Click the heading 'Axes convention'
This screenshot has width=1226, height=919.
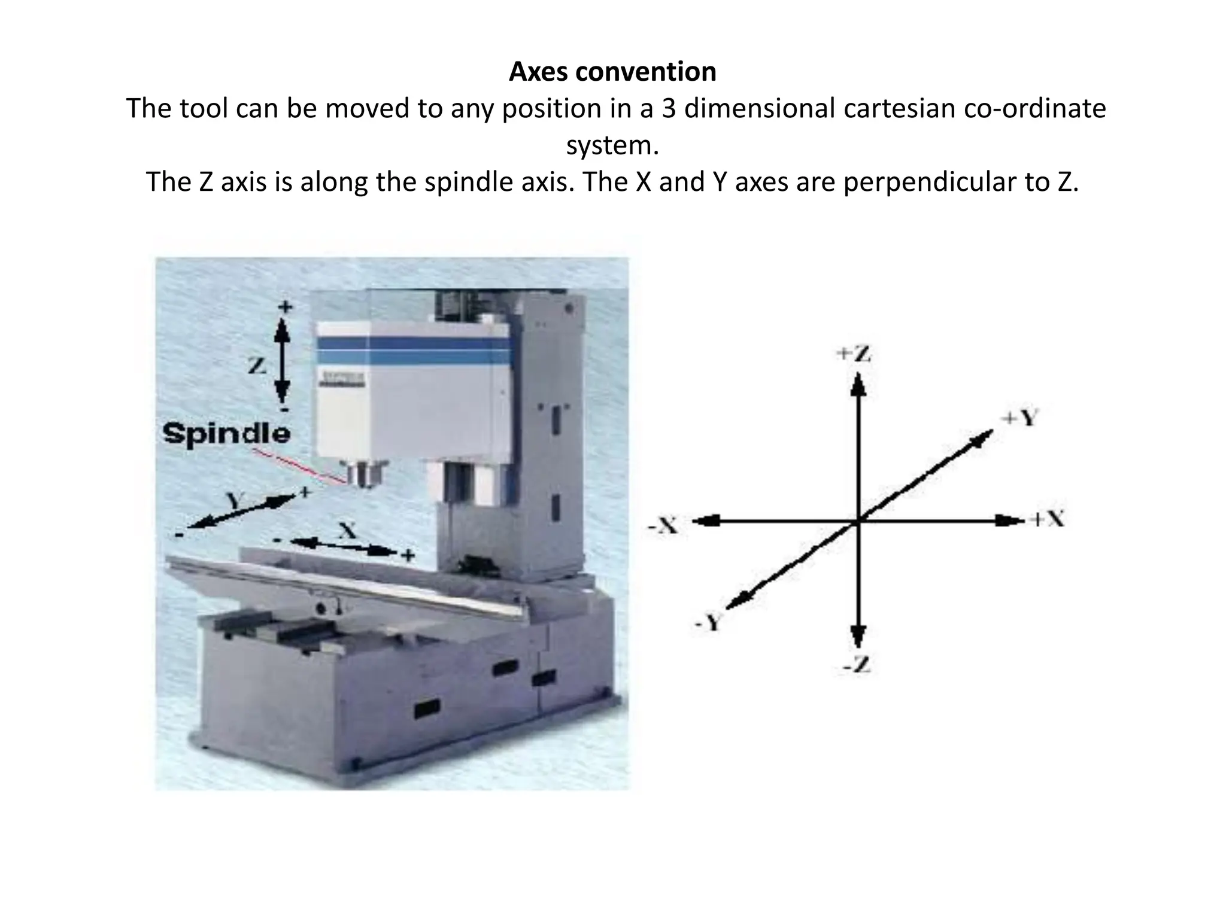coord(612,72)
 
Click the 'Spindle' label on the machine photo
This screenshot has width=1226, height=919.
coord(226,433)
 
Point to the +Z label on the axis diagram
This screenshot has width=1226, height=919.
coord(854,354)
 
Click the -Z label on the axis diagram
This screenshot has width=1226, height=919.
coord(858,665)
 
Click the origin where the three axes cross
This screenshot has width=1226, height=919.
coord(858,521)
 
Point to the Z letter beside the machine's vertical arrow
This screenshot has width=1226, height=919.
coord(257,364)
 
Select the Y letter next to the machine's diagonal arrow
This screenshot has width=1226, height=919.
coord(235,500)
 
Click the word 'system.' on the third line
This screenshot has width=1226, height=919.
coord(612,145)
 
